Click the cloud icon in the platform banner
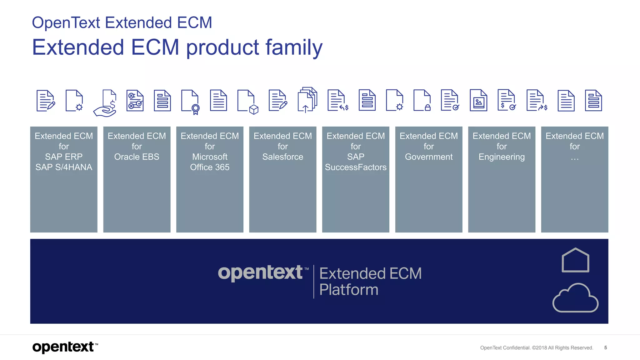[575, 298]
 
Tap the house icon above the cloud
[575, 260]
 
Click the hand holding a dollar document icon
[106, 103]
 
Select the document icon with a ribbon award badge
[190, 102]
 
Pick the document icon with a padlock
[422, 100]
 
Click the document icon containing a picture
[478, 100]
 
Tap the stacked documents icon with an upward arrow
[307, 100]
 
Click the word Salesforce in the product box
[282, 157]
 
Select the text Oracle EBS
[137, 157]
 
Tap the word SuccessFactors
[356, 167]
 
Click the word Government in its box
[428, 157]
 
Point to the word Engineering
[502, 157]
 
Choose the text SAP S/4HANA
[64, 167]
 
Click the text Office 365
[210, 167]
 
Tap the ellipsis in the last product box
[574, 159]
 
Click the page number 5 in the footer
[605, 347]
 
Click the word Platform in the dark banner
[349, 289]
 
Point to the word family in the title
[294, 47]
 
